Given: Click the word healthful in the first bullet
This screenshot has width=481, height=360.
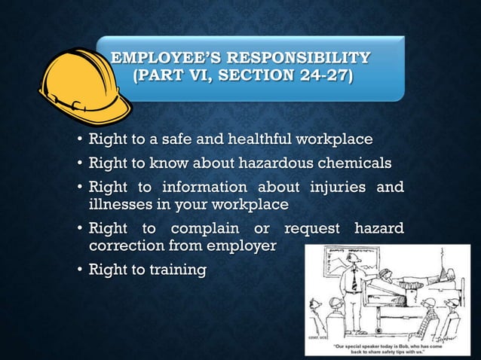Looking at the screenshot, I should [251, 140].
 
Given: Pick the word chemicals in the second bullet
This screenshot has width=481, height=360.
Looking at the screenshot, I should [354, 163].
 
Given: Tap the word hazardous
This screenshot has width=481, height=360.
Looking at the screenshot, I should [269, 163].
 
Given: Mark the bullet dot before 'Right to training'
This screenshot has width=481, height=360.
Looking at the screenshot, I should [80, 270].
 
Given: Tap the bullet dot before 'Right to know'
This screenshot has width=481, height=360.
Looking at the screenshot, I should [80, 163].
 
